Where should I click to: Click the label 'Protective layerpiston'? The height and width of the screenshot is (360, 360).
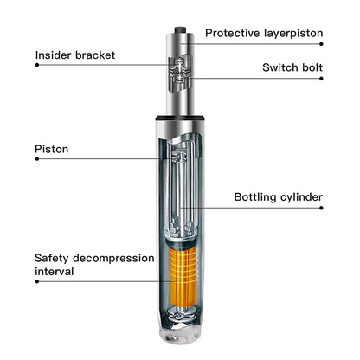(x=264, y=33)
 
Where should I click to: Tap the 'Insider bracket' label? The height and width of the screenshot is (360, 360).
(x=75, y=55)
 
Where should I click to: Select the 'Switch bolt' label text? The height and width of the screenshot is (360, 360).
(x=292, y=67)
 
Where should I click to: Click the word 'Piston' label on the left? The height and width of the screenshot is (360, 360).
(x=52, y=149)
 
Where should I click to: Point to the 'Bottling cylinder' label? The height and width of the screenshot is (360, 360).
(x=279, y=197)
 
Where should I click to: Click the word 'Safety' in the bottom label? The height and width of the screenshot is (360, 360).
(x=52, y=258)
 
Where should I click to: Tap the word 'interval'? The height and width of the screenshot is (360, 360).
(x=55, y=272)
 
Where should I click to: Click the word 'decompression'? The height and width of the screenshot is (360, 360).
(x=113, y=259)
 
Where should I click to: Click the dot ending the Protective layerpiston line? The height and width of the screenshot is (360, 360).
(x=321, y=44)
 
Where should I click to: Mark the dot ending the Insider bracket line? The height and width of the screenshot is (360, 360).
(x=37, y=65)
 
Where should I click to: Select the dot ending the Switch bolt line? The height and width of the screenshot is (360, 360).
(x=321, y=78)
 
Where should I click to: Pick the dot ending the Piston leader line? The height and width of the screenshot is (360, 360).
(x=37, y=158)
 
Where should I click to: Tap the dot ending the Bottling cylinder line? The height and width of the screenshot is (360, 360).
(x=321, y=208)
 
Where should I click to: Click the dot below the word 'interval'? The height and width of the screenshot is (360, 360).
(x=37, y=281)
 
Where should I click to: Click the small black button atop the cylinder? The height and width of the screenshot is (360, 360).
(x=180, y=29)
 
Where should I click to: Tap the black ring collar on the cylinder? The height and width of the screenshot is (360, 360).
(x=180, y=118)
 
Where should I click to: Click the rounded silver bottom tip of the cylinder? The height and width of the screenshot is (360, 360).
(x=179, y=336)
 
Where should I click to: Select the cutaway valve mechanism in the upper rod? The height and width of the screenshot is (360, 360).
(x=179, y=73)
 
